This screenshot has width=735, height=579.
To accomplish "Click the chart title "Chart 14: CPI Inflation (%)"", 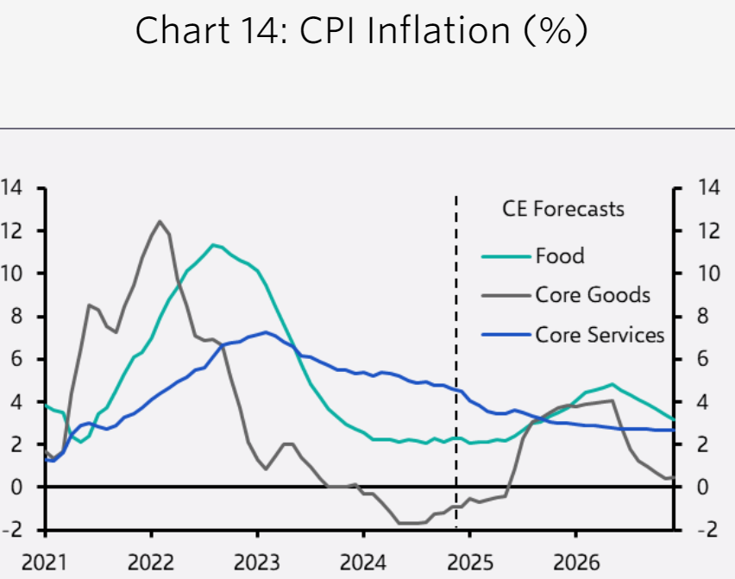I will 361,32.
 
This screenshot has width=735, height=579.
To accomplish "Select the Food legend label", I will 559,255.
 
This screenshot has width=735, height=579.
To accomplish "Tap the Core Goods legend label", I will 592,294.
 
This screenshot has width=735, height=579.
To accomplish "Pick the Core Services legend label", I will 600,334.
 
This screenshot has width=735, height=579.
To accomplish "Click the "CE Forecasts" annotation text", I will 562,209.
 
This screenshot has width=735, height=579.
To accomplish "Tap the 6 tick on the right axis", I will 700,359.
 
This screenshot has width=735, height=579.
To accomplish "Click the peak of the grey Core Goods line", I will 160,221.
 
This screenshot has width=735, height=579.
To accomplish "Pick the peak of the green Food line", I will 213,244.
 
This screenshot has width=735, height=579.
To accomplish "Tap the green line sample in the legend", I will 506,255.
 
